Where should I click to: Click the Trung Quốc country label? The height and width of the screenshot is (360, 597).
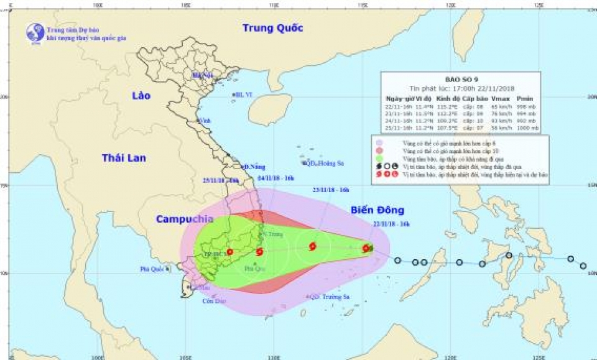pyautogui.click(x=272, y=28)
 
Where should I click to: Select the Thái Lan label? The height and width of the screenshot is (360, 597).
pyautogui.click(x=124, y=158)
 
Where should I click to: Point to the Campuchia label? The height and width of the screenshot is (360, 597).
pyautogui.click(x=185, y=219)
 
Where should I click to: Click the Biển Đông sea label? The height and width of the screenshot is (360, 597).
pyautogui.click(x=377, y=210)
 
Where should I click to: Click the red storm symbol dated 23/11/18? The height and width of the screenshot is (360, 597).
pyautogui.click(x=312, y=247)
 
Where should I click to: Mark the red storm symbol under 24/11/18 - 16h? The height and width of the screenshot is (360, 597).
pyautogui.click(x=260, y=252)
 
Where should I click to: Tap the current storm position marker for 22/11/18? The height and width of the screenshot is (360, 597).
pyautogui.click(x=366, y=248)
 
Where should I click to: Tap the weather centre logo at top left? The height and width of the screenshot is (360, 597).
pyautogui.click(x=35, y=32)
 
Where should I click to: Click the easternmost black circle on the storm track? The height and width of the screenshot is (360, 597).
pyautogui.click(x=583, y=266)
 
